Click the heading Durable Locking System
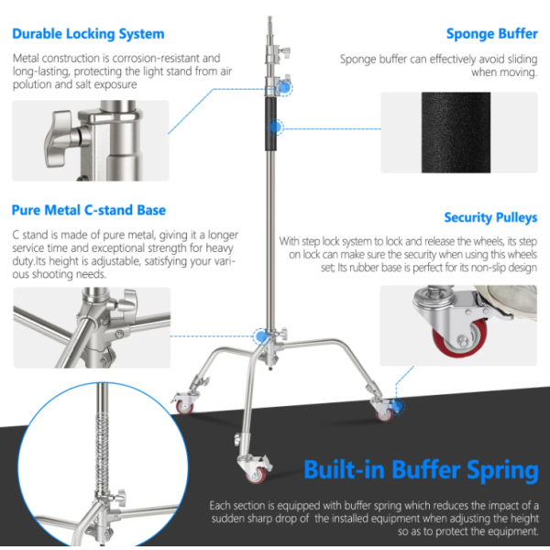click(x=88, y=34)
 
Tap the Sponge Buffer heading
click(x=491, y=34)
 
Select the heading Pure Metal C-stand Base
click(x=89, y=210)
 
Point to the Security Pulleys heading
click(x=490, y=217)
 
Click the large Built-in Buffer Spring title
click(x=421, y=470)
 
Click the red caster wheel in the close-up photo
click(x=459, y=337)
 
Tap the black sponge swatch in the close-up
click(x=456, y=133)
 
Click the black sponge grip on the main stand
click(x=270, y=124)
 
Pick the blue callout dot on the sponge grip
click(x=275, y=127)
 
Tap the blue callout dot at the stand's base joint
click(x=261, y=336)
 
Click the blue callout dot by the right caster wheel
click(x=397, y=407)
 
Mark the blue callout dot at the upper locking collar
click(x=285, y=88)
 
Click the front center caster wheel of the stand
click(x=256, y=474)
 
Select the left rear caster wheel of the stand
click(x=184, y=406)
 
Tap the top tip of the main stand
click(x=269, y=16)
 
